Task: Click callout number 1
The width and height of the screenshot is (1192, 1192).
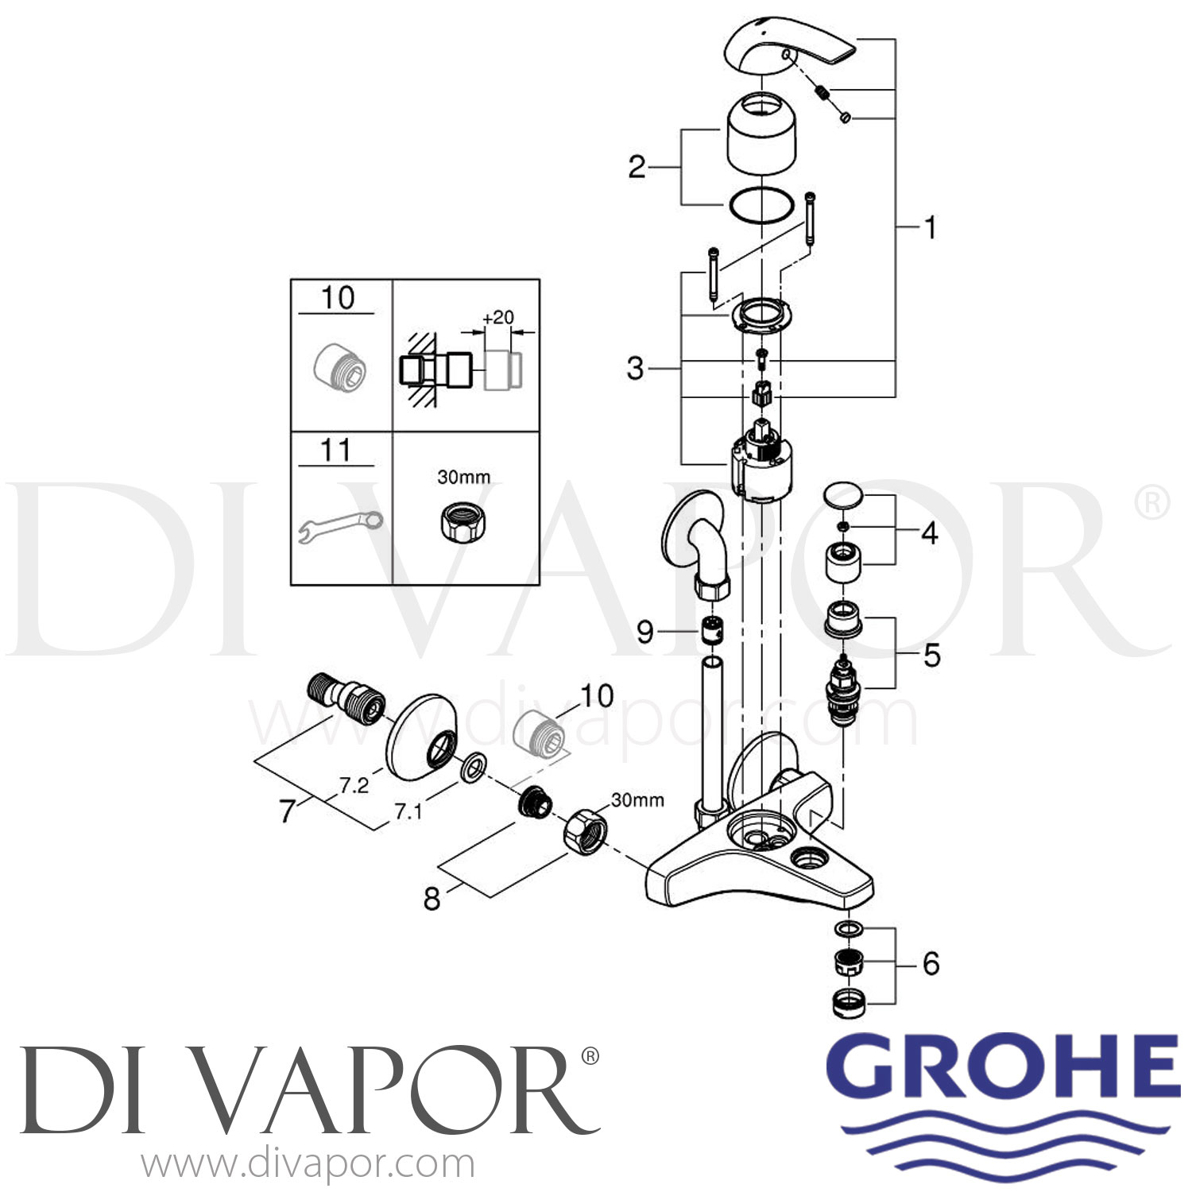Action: pos(928,228)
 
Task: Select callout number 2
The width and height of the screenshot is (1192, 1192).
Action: pos(637,167)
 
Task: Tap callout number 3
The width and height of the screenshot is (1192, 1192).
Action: pos(635,369)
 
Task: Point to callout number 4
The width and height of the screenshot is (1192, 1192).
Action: pos(929,533)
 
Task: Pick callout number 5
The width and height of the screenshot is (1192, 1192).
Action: pos(931,656)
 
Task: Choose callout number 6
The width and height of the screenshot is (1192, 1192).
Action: pos(931,963)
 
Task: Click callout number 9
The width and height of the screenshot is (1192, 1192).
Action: pos(644,632)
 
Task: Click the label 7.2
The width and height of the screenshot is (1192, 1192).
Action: pos(354,786)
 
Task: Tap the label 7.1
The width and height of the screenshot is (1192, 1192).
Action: pos(408,811)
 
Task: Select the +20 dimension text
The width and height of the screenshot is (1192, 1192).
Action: pos(498,317)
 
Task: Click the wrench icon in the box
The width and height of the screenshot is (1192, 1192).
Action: pos(340,526)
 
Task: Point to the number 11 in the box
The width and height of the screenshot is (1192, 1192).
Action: pos(335,451)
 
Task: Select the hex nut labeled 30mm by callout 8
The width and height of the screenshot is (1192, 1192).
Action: pos(585,830)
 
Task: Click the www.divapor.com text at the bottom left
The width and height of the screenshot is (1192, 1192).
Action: pos(308,1165)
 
